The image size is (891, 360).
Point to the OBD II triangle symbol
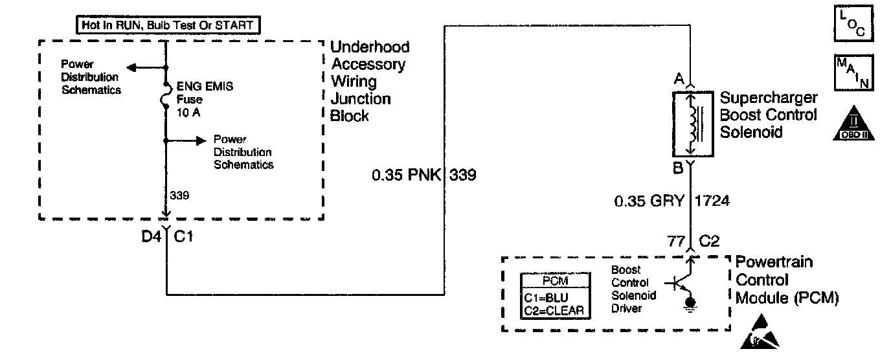852,124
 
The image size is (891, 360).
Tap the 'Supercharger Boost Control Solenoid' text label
768,115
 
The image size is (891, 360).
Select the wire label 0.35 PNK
405,175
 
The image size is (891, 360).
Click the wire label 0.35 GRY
649,201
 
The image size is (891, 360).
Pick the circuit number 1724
712,201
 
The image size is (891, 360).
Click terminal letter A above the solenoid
679,80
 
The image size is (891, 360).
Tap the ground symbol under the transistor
691,303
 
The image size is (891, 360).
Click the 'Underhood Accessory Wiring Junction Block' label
370,82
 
